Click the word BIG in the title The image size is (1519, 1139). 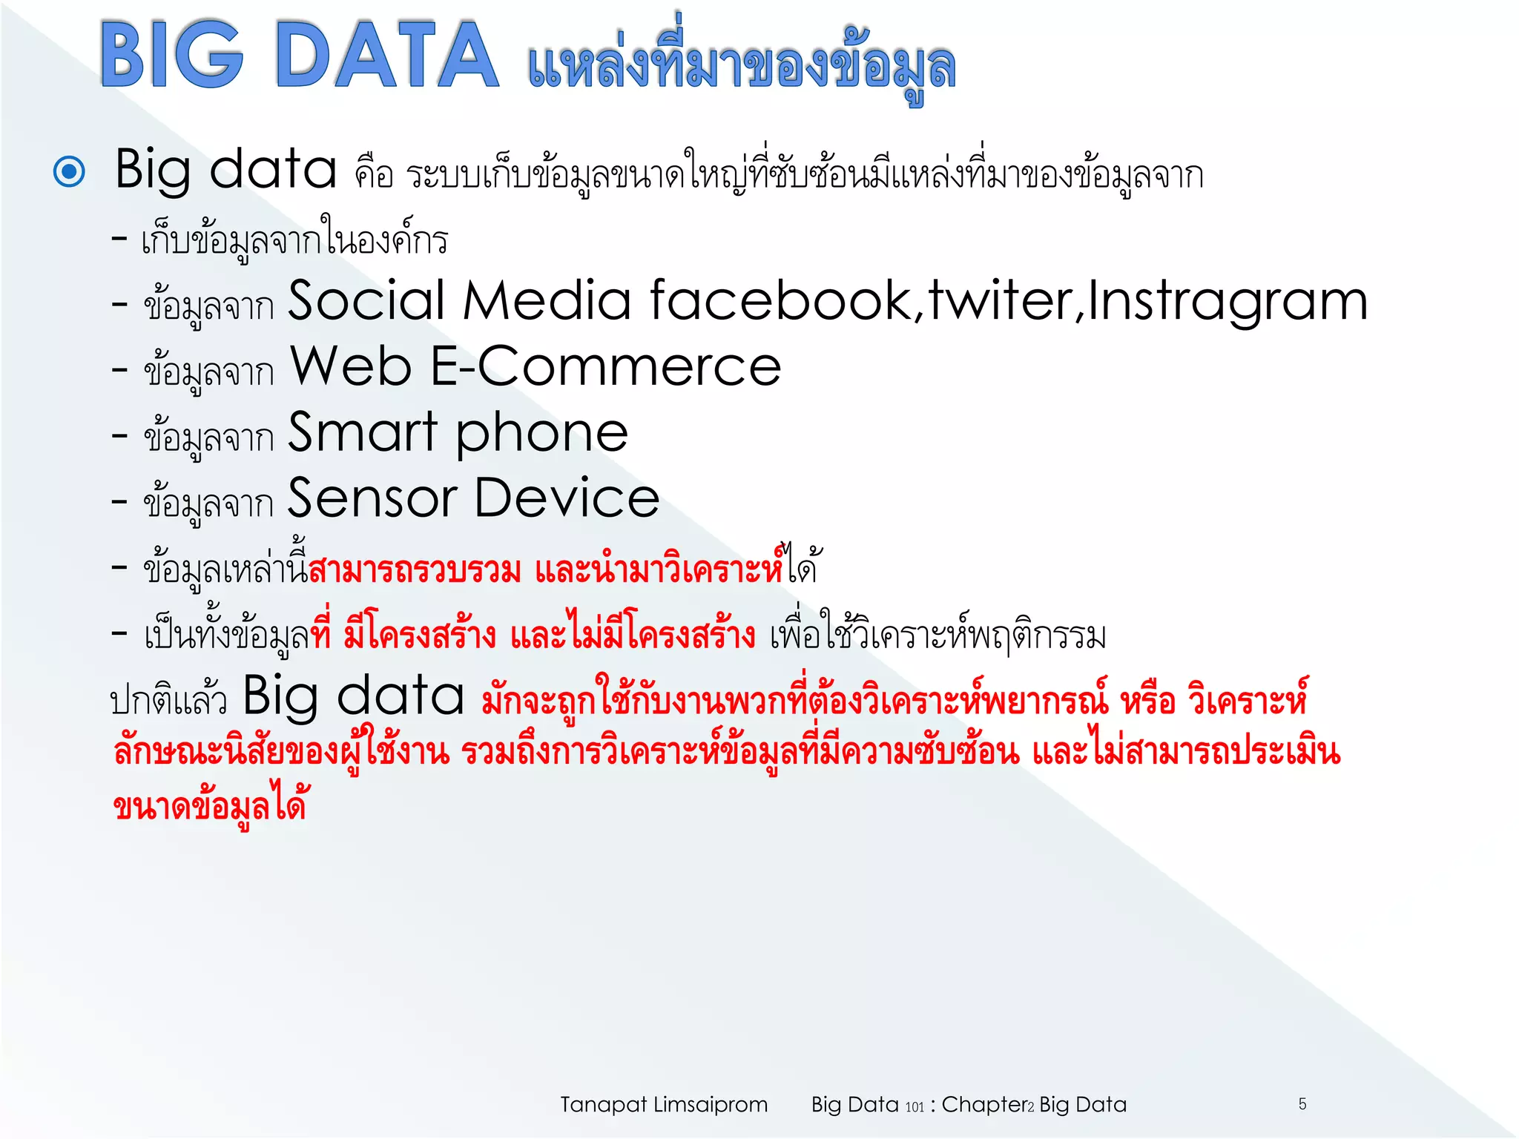[172, 56]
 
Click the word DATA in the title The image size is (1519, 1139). [386, 56]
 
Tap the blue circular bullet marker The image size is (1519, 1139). [70, 171]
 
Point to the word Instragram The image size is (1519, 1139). [1228, 303]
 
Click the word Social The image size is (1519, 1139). [366, 301]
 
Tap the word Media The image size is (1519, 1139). [547, 301]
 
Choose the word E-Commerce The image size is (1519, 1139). [605, 366]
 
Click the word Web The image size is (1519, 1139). [350, 366]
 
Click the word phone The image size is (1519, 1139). [541, 434]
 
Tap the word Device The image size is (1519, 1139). [567, 498]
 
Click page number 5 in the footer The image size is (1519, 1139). [1302, 1103]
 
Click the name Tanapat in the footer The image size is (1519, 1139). [604, 1105]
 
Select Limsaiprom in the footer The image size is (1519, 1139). [710, 1105]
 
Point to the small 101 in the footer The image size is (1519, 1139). [915, 1107]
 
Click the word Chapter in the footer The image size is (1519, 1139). [983, 1104]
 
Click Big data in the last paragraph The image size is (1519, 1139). [353, 697]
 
